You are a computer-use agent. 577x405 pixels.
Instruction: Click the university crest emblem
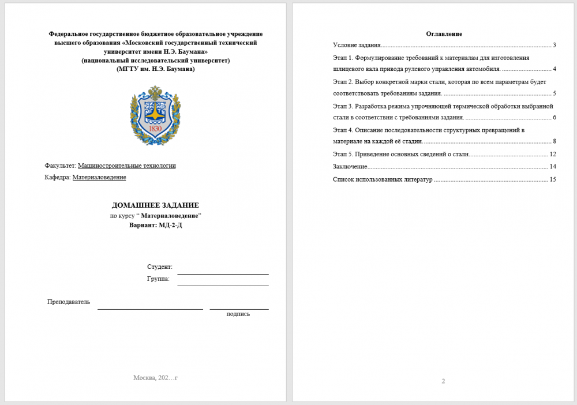[x=155, y=115]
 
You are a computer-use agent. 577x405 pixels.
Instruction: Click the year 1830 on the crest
[x=155, y=129]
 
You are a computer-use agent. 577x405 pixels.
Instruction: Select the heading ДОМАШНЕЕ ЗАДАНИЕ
[x=155, y=205]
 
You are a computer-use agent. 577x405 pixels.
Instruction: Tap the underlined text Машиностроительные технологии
[x=126, y=166]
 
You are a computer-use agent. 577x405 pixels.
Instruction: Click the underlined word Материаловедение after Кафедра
[x=99, y=177]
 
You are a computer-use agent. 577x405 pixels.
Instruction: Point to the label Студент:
[x=159, y=267]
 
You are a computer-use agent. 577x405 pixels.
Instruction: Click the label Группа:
[x=158, y=279]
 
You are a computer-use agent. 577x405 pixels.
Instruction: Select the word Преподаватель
[x=69, y=302]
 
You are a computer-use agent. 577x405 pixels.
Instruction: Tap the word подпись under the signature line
[x=238, y=314]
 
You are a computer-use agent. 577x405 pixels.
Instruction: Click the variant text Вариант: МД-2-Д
[x=155, y=225]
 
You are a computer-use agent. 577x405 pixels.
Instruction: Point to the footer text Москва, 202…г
[x=155, y=377]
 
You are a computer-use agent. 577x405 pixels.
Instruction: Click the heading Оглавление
[x=444, y=33]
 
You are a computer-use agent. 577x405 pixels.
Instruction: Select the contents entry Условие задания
[x=357, y=45]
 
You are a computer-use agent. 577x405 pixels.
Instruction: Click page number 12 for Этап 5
[x=552, y=154]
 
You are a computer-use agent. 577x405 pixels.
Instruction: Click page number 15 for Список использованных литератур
[x=552, y=179]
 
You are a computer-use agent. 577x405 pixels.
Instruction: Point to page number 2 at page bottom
[x=443, y=381]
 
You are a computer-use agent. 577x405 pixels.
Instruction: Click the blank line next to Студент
[x=223, y=271]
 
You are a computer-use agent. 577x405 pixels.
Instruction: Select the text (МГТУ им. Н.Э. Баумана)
[x=155, y=69]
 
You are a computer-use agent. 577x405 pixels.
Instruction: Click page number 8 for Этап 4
[x=554, y=141]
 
